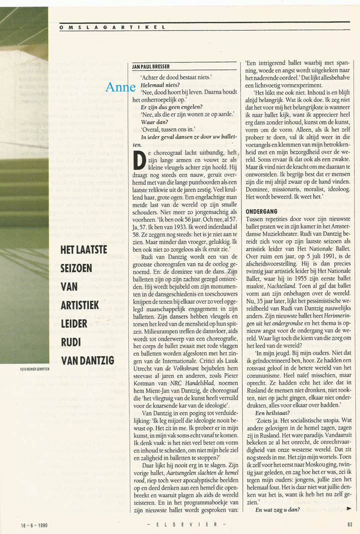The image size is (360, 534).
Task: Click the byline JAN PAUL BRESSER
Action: click(x=151, y=66)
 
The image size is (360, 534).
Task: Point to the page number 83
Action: click(x=349, y=524)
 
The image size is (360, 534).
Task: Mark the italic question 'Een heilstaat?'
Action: click(x=272, y=414)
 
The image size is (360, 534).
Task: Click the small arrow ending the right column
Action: click(x=349, y=508)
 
